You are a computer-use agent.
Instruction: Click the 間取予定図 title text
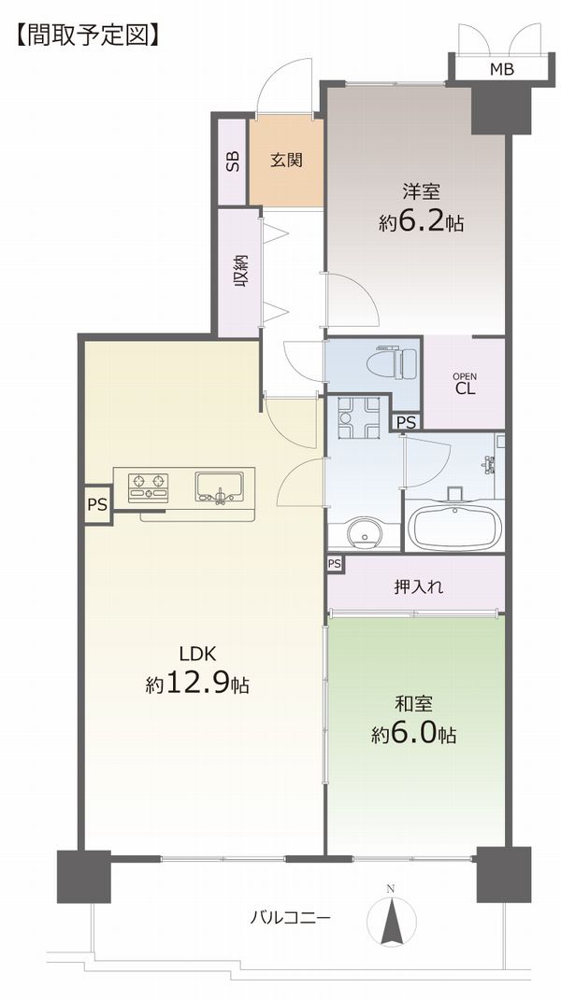(x=88, y=35)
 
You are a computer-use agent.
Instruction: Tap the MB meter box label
(x=501, y=69)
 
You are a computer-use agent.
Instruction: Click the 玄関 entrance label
(x=284, y=161)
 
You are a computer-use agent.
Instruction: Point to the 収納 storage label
(x=240, y=271)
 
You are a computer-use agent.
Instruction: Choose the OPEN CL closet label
(x=465, y=385)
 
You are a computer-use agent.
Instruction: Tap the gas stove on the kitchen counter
(x=149, y=487)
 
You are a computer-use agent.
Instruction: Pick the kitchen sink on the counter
(x=219, y=487)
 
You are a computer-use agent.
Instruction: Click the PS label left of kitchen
(x=97, y=505)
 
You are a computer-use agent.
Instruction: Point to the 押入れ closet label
(x=419, y=585)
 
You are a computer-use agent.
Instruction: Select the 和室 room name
(x=414, y=703)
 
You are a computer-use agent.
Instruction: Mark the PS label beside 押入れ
(x=334, y=564)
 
